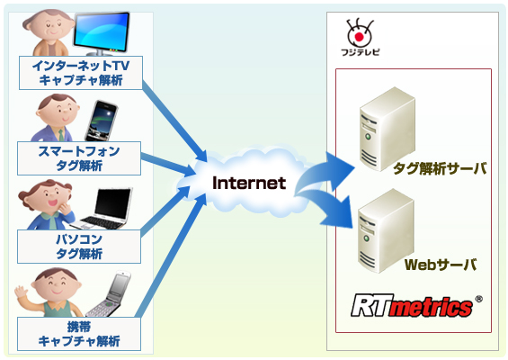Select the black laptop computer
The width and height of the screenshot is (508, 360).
pyautogui.click(x=106, y=210)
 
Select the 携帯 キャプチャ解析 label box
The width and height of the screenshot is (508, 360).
pyautogui.click(x=79, y=333)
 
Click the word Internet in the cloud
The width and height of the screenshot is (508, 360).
pyautogui.click(x=248, y=184)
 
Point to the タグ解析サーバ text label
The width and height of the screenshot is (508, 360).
pyautogui.click(x=440, y=167)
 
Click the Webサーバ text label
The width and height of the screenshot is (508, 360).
pyautogui.click(x=440, y=265)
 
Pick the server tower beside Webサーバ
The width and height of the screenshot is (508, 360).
pyautogui.click(x=379, y=227)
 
